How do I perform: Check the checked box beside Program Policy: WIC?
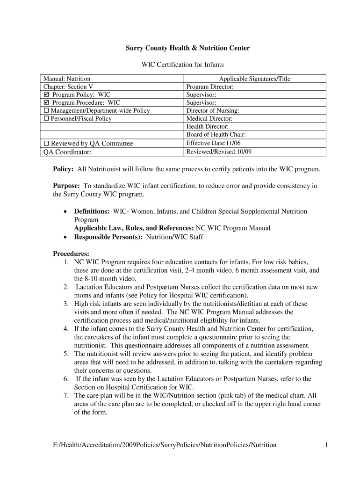click(46, 95)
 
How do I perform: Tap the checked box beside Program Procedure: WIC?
click(46, 103)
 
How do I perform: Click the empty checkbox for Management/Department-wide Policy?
click(46, 111)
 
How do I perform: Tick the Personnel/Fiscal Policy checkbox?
click(46, 119)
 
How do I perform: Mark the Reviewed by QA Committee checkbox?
click(46, 144)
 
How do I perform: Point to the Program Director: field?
click(210, 87)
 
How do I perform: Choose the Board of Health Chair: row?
click(216, 135)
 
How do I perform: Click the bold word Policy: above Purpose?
click(63, 169)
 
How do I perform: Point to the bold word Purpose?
click(66, 186)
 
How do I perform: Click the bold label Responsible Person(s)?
click(109, 237)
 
